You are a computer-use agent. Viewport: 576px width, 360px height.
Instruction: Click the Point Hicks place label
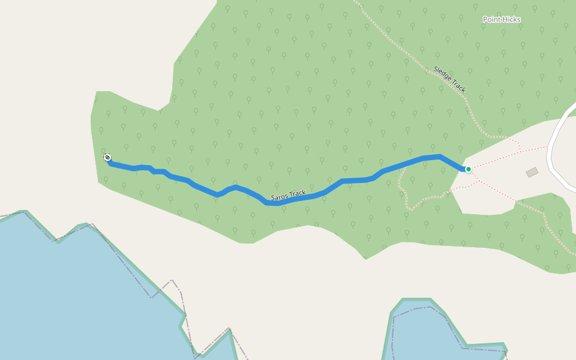[x=502, y=20]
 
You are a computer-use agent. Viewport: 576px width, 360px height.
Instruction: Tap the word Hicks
[x=511, y=20]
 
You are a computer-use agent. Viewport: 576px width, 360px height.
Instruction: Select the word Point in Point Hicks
[x=491, y=20]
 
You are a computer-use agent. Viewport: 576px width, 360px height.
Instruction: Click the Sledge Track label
[x=449, y=79]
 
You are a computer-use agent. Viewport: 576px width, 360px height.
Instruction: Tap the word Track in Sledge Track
[x=458, y=86]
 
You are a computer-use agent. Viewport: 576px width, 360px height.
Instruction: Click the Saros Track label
[x=289, y=196]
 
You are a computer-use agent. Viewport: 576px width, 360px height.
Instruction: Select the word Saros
[x=280, y=197]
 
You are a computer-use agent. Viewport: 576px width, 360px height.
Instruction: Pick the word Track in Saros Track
[x=298, y=194]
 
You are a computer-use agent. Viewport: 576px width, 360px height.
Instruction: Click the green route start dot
[x=469, y=169]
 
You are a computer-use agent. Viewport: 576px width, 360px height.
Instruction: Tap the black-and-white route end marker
[x=107, y=157]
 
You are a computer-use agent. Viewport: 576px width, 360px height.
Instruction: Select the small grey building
[x=532, y=172]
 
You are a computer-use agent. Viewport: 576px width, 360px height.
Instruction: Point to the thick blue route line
[x=360, y=179]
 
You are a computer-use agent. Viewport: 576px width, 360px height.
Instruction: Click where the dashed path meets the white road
[x=548, y=146]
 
